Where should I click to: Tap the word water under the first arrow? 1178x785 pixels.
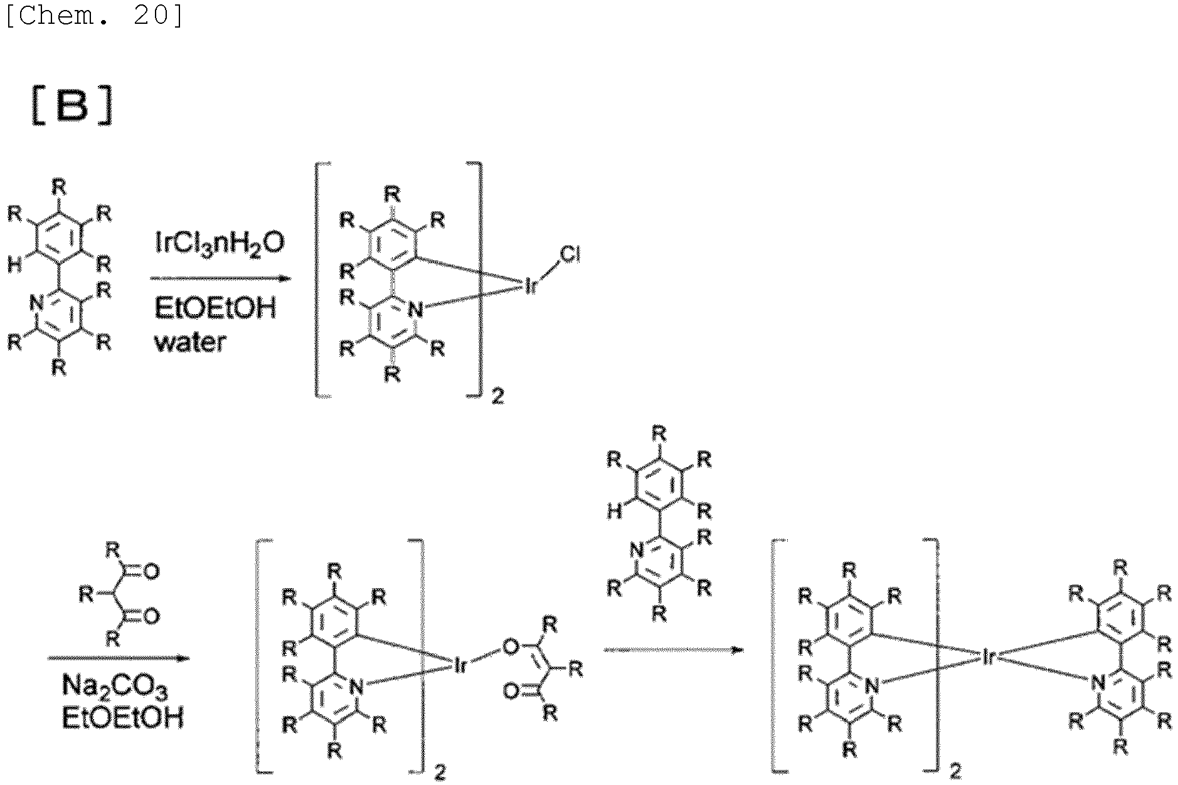tap(189, 342)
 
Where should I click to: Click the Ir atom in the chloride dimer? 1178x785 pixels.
tap(531, 289)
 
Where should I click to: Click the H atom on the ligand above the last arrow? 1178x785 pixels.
tap(614, 512)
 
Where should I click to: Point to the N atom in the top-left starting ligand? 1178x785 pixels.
tap(37, 305)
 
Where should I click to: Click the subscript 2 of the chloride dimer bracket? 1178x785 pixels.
tap(497, 397)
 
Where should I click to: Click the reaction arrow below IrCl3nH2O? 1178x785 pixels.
tap(220, 278)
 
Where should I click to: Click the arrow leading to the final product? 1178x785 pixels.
tap(673, 650)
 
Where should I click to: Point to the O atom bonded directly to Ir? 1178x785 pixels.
tap(512, 647)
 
